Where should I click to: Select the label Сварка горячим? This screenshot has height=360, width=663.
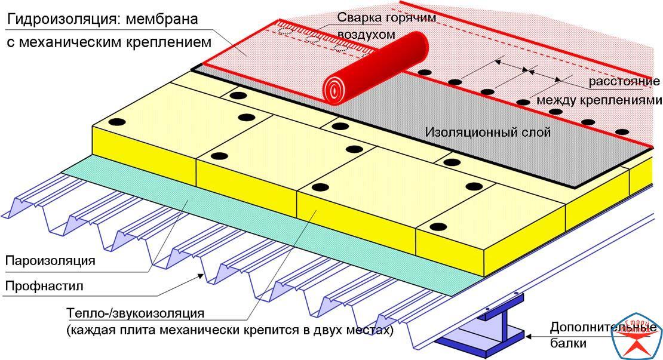(x=386, y=18)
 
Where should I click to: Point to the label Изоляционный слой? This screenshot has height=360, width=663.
(x=488, y=133)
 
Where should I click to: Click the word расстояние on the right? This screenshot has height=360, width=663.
(x=624, y=82)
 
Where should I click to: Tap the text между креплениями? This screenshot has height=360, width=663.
(x=598, y=100)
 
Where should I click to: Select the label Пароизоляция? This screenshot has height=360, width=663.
(x=50, y=261)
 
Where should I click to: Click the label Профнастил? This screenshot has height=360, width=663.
(x=44, y=287)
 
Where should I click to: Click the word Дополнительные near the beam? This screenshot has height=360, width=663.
(x=603, y=328)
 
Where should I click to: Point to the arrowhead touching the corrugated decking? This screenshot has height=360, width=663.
(x=202, y=277)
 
